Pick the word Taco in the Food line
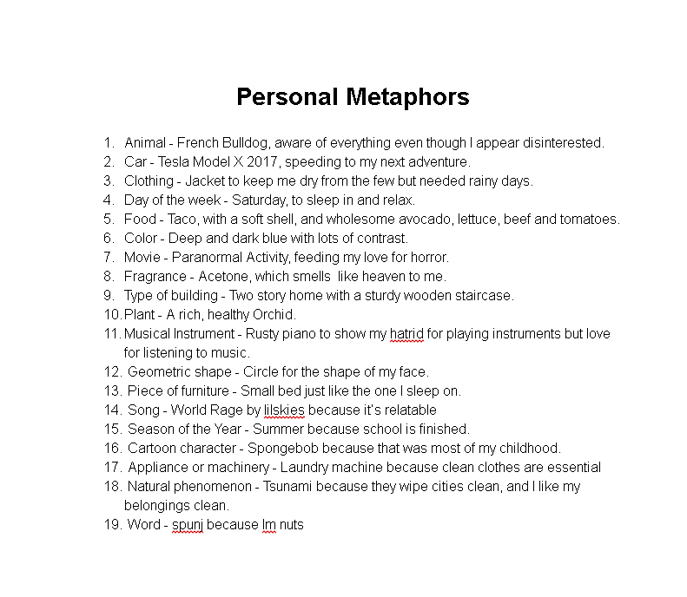[182, 219]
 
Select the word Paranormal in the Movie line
[207, 257]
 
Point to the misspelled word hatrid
[406, 333]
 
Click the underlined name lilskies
[284, 410]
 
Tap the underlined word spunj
[187, 525]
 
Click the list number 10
[112, 314]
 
